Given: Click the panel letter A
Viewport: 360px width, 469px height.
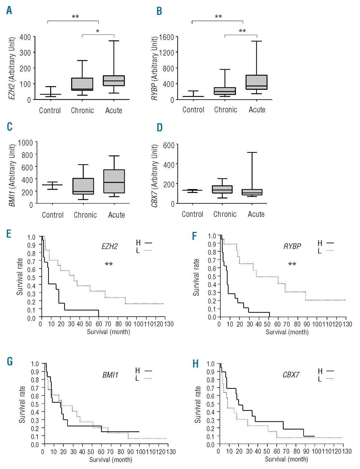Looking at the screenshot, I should coord(9,11).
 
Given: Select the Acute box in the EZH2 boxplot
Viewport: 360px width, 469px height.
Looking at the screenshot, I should coord(114,81).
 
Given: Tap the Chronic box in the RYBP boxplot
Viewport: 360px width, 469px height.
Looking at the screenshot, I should coord(225,91).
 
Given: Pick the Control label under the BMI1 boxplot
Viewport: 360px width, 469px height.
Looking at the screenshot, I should coord(53,215).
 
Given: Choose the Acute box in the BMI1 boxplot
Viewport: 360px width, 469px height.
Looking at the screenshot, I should coord(114,181).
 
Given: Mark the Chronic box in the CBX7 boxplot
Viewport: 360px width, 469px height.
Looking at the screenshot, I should coord(222,189).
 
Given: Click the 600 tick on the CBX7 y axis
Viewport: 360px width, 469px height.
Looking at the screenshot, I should coord(169,145).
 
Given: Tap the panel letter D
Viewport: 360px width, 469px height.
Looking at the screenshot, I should coord(159,128).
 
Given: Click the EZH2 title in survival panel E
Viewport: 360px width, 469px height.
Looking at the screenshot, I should coord(110,247).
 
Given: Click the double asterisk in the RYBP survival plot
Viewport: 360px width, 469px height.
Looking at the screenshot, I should coord(292,264).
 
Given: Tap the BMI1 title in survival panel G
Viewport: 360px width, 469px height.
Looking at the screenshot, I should coord(110,375).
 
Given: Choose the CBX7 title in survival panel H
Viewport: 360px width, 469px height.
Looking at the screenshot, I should coord(291,375).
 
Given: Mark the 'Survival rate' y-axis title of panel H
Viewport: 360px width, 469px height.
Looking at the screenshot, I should coord(198,404).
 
